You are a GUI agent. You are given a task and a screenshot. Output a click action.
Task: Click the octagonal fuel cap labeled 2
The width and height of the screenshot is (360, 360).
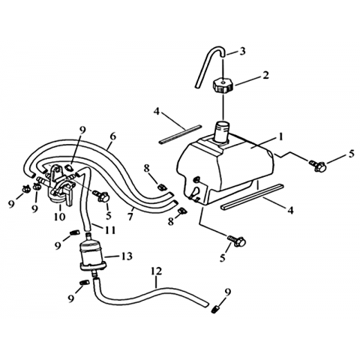pyautogui.click(x=223, y=85)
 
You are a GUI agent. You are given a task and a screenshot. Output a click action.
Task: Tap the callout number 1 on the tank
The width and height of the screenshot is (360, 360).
pyautogui.click(x=280, y=136)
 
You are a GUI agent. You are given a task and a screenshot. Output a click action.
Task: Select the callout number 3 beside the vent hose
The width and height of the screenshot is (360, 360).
pyautogui.click(x=242, y=51)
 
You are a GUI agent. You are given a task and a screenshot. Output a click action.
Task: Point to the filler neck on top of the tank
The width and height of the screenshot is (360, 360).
pyautogui.click(x=223, y=133)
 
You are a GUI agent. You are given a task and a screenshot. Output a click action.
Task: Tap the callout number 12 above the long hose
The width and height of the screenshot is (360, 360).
pyautogui.click(x=157, y=271)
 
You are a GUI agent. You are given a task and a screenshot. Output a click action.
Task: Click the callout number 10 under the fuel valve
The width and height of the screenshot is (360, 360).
pyautogui.click(x=59, y=216)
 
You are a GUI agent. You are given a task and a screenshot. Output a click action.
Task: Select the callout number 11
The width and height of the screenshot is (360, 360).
pyautogui.click(x=110, y=230)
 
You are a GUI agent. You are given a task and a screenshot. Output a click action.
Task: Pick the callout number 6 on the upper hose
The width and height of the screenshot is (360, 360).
pyautogui.click(x=113, y=136)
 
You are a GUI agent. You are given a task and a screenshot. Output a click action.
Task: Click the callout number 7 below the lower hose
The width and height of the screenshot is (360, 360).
pyautogui.click(x=130, y=217)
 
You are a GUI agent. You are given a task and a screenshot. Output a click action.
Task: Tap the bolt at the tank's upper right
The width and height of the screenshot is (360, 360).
pyautogui.click(x=318, y=166)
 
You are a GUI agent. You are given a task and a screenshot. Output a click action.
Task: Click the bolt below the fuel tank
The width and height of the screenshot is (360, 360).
pyautogui.click(x=237, y=241)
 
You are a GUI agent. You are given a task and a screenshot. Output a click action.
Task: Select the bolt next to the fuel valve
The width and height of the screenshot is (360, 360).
pyautogui.click(x=101, y=196)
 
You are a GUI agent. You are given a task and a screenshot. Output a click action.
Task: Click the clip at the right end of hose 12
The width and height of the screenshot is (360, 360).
pyautogui.click(x=214, y=310)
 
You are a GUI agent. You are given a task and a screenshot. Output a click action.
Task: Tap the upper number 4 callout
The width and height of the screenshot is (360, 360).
pyautogui.click(x=156, y=112)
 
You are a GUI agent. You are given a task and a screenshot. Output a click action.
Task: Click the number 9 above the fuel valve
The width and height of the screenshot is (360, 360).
pyautogui.click(x=82, y=130)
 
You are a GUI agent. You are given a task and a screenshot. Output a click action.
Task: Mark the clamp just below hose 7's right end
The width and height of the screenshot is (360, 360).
pyautogui.click(x=181, y=211)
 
